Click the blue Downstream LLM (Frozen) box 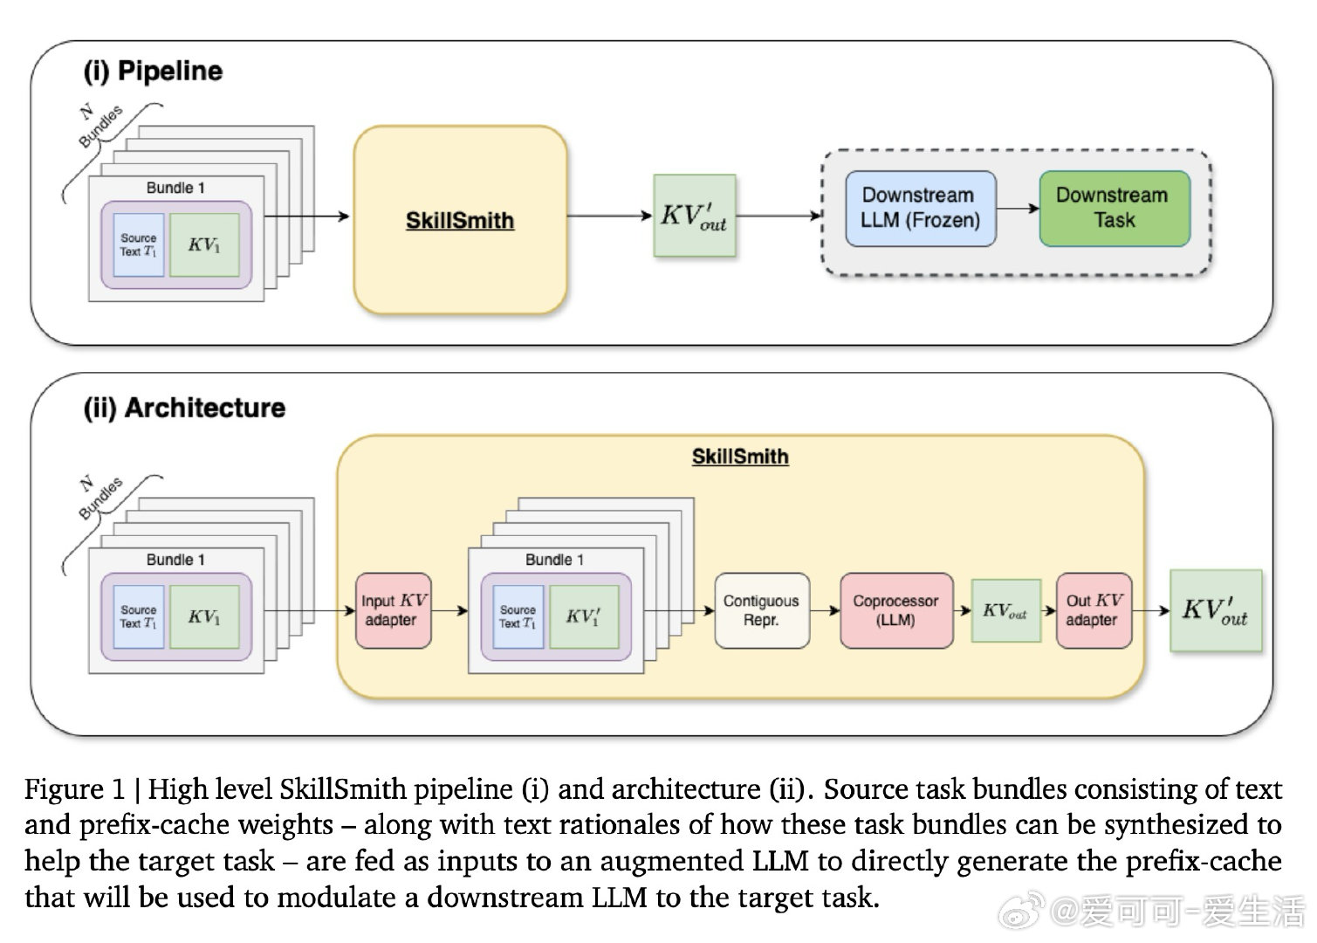tap(920, 209)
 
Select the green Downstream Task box tap(1115, 209)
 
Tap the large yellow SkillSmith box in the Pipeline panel tap(460, 219)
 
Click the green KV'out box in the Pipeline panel tap(695, 216)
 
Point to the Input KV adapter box tap(394, 610)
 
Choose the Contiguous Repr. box tap(762, 610)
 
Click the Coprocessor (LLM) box tap(896, 610)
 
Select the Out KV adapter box tap(1094, 610)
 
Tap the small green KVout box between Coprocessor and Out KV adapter tap(1005, 610)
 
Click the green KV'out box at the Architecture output tap(1215, 610)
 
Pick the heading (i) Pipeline tap(153, 72)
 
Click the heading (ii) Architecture tap(184, 408)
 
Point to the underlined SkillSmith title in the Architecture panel tap(739, 457)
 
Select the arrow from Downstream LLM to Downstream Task tap(1018, 209)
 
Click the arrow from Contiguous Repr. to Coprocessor tap(825, 610)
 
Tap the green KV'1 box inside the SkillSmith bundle tap(584, 616)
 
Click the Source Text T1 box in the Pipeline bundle tap(139, 244)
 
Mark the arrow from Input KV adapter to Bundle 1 tap(449, 610)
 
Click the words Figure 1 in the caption tap(75, 789)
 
